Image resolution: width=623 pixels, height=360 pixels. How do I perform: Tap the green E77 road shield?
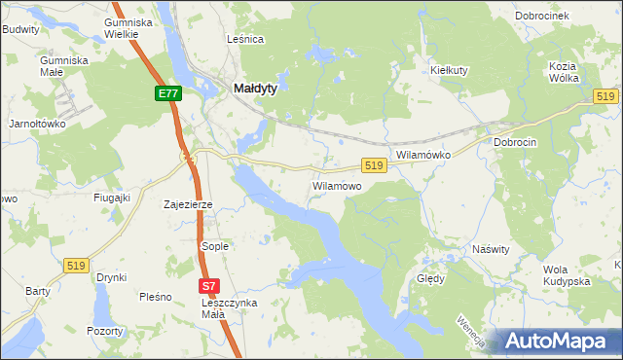coord(167,93)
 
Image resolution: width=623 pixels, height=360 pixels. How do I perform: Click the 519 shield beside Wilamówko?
coord(375,166)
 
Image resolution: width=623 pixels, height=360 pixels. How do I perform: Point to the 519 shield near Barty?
coord(76,265)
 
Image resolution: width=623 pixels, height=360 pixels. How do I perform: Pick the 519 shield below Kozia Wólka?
coord(606,96)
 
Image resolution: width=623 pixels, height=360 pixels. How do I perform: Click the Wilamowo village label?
coord(337,185)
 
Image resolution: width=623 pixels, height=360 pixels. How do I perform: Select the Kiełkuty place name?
coord(450,70)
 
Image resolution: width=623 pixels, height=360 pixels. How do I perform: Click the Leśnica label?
coord(245,39)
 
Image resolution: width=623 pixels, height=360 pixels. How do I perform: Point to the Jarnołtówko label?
coord(36,124)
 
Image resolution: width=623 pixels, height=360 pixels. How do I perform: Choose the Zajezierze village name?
coord(189,205)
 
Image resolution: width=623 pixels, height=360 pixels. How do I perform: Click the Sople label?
coord(214,246)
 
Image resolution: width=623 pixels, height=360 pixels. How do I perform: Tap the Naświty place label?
coord(491,249)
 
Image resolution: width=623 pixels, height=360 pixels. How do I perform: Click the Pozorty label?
coord(104,331)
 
